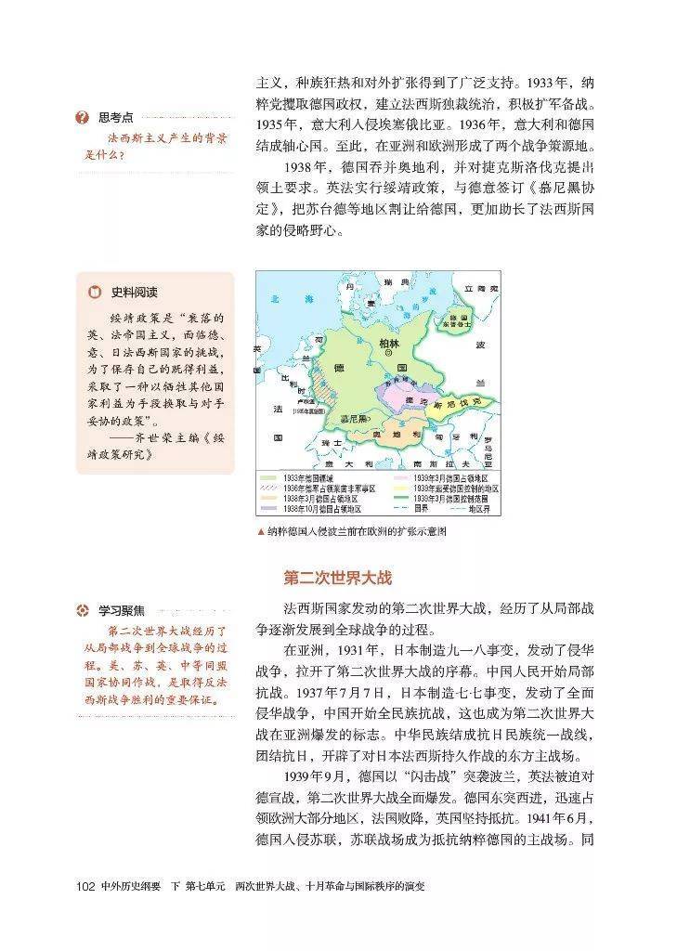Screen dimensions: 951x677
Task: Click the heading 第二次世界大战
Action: (x=338, y=578)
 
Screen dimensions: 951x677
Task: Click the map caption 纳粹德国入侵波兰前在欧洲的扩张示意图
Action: (x=362, y=532)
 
